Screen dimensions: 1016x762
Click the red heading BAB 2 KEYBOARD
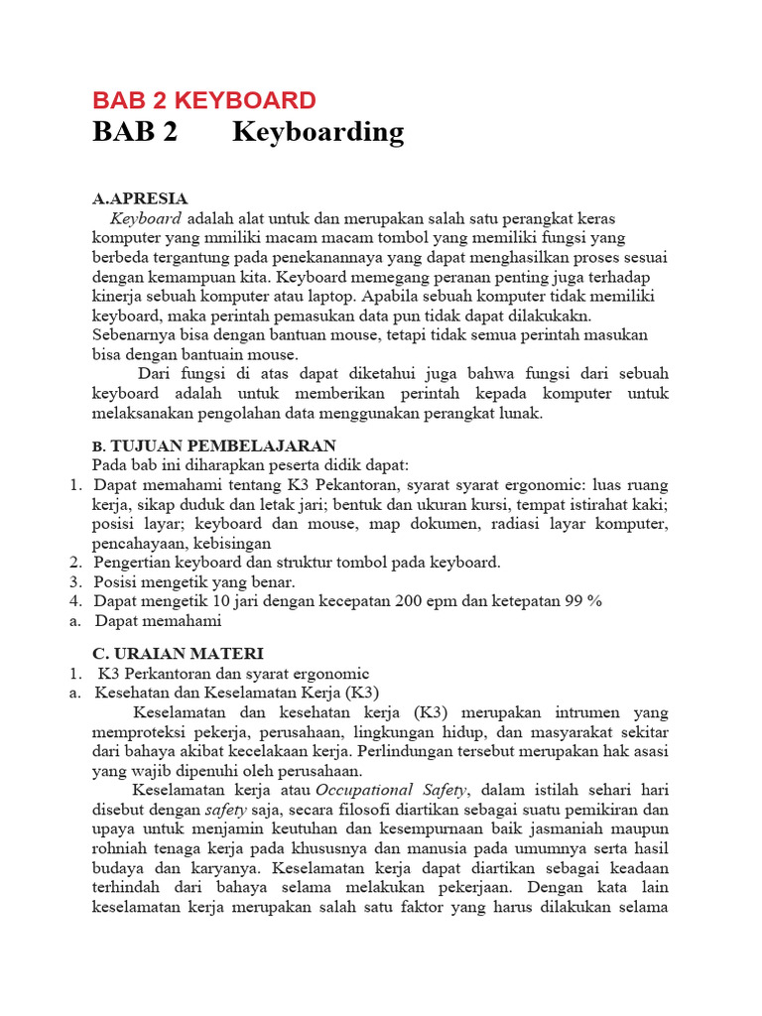[204, 100]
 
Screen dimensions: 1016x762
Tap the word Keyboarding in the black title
[317, 132]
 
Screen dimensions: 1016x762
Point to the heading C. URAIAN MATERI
[178, 653]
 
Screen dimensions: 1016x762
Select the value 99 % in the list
[579, 601]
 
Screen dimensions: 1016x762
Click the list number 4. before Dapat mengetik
[74, 601]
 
